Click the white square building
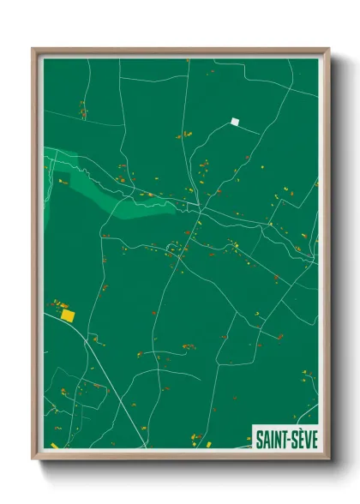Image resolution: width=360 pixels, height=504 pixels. click(x=235, y=122)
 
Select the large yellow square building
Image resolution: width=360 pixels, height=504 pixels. click(x=68, y=315)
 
